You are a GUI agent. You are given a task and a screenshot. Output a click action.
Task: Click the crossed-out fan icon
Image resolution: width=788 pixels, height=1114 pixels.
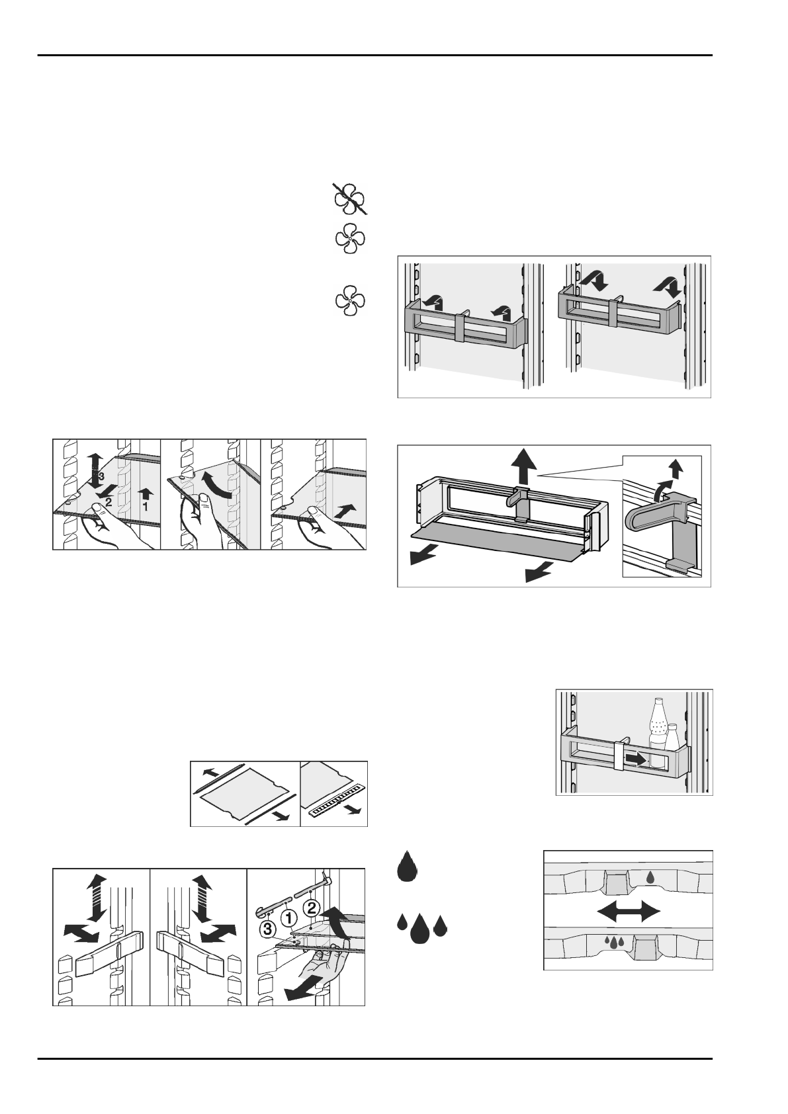click(x=349, y=200)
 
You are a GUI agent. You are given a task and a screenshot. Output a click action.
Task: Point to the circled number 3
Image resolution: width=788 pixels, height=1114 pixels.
click(x=267, y=929)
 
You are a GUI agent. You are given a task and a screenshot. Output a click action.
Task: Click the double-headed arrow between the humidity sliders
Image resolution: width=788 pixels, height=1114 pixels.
click(x=629, y=912)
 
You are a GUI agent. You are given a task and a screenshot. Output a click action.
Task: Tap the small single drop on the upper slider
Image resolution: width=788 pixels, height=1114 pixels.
click(x=651, y=877)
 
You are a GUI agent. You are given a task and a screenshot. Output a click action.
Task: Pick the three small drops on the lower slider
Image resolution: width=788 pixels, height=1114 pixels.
click(x=615, y=943)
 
